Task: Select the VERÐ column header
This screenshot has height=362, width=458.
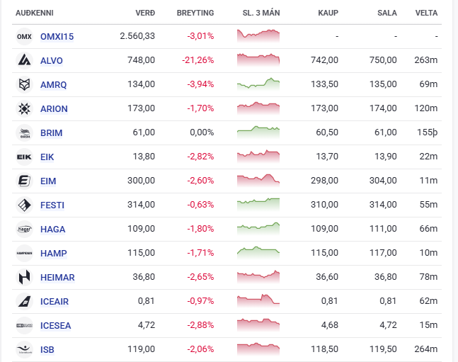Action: (x=144, y=13)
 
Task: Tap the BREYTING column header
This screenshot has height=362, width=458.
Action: (x=196, y=13)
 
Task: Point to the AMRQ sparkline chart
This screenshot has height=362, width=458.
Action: (x=258, y=84)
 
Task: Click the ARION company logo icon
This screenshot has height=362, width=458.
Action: (x=24, y=108)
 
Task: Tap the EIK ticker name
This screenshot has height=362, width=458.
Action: (x=47, y=157)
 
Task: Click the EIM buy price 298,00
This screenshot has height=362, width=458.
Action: (x=324, y=181)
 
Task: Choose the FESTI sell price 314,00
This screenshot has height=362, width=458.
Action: (x=383, y=205)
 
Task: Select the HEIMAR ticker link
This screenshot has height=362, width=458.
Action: (x=58, y=277)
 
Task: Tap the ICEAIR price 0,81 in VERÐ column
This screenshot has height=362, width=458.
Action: (x=147, y=301)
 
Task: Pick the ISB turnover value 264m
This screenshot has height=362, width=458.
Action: (x=425, y=349)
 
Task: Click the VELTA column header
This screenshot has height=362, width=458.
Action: (x=426, y=13)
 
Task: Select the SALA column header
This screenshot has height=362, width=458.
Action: (x=387, y=13)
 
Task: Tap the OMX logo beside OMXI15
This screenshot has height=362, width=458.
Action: (x=24, y=36)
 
